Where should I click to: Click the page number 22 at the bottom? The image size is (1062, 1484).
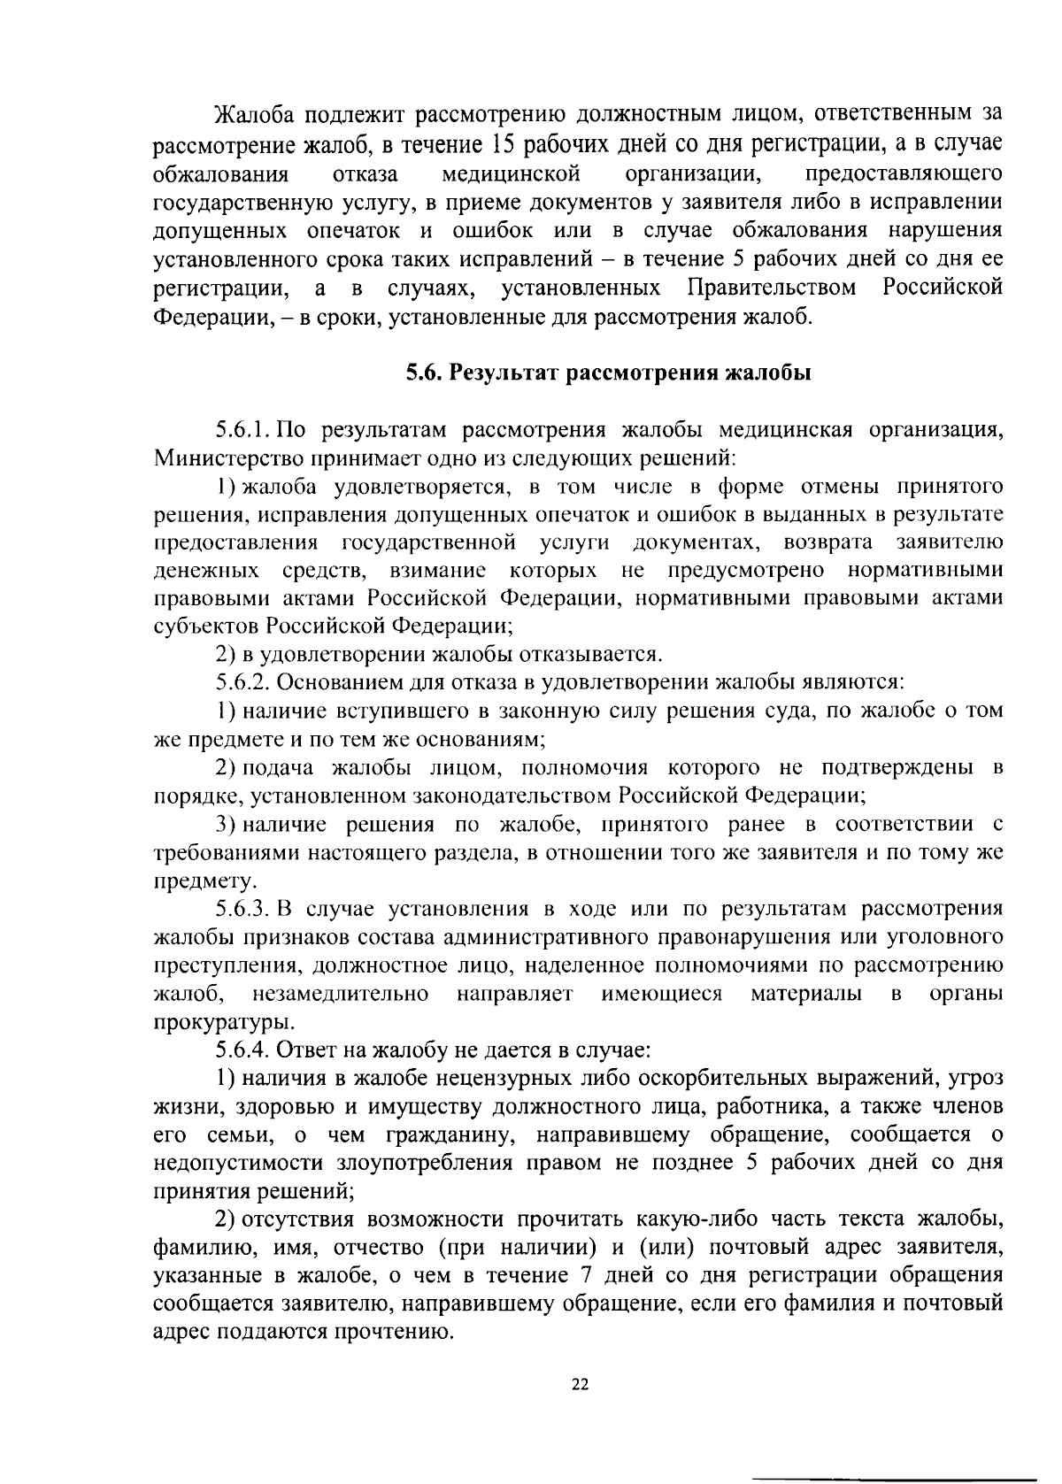pyautogui.click(x=580, y=1386)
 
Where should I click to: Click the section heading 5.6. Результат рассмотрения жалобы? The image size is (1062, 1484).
pyautogui.click(x=608, y=373)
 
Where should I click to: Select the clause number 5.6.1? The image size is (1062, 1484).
pyautogui.click(x=244, y=431)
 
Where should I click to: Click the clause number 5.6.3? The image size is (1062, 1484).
pyautogui.click(x=245, y=910)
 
